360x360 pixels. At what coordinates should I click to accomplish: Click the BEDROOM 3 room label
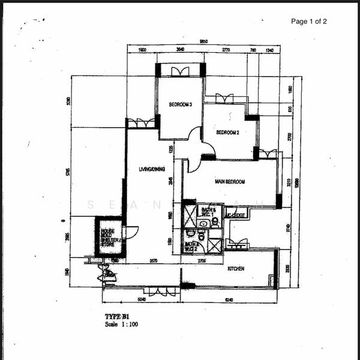click(x=180, y=104)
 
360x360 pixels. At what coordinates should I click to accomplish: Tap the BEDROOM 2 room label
click(x=228, y=133)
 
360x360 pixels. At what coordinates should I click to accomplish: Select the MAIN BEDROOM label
click(x=229, y=181)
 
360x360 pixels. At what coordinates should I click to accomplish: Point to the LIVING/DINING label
click(x=152, y=169)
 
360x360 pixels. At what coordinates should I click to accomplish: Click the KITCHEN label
click(x=236, y=269)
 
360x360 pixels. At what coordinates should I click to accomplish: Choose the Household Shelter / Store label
click(x=109, y=238)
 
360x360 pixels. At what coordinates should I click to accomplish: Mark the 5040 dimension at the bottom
click(x=142, y=298)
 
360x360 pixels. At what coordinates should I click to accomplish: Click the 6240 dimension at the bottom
click(x=230, y=298)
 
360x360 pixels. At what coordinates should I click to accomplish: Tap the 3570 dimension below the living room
click(x=153, y=260)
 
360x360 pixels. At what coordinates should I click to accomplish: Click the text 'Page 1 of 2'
click(x=309, y=22)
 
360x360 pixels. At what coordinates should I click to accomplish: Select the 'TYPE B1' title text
click(x=117, y=316)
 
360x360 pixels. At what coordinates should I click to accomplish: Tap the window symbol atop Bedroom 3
click(x=180, y=71)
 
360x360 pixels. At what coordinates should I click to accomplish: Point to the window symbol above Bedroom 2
click(x=224, y=98)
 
